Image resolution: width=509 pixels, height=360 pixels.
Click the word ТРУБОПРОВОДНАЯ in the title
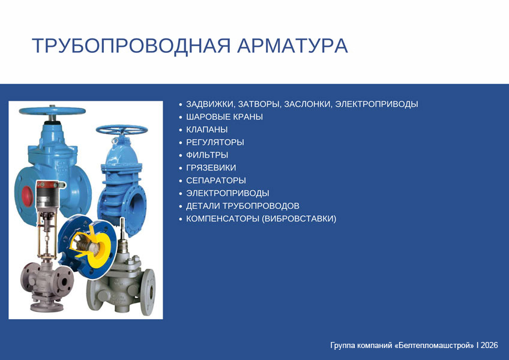click(131, 46)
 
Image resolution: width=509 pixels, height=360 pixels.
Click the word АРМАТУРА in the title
click(292, 46)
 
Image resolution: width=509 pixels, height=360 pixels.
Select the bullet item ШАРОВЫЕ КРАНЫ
click(224, 117)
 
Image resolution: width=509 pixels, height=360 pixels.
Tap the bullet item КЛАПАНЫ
click(206, 130)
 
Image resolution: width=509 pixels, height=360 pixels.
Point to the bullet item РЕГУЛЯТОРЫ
click(215, 142)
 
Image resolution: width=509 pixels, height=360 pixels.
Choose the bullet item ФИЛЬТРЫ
click(207, 155)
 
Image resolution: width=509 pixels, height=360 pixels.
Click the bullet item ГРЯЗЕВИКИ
click(211, 168)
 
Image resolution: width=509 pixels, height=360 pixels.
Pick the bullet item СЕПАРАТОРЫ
click(216, 181)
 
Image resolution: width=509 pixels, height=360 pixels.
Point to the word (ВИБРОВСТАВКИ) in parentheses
click(299, 218)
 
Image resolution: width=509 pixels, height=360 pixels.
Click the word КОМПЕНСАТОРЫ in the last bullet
click(222, 218)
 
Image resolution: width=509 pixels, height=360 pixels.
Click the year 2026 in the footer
click(489, 345)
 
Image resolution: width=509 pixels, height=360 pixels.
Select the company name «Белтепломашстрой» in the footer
click(435, 345)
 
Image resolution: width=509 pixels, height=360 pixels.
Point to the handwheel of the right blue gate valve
click(122, 130)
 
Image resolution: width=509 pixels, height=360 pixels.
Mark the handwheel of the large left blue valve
click(52, 111)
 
